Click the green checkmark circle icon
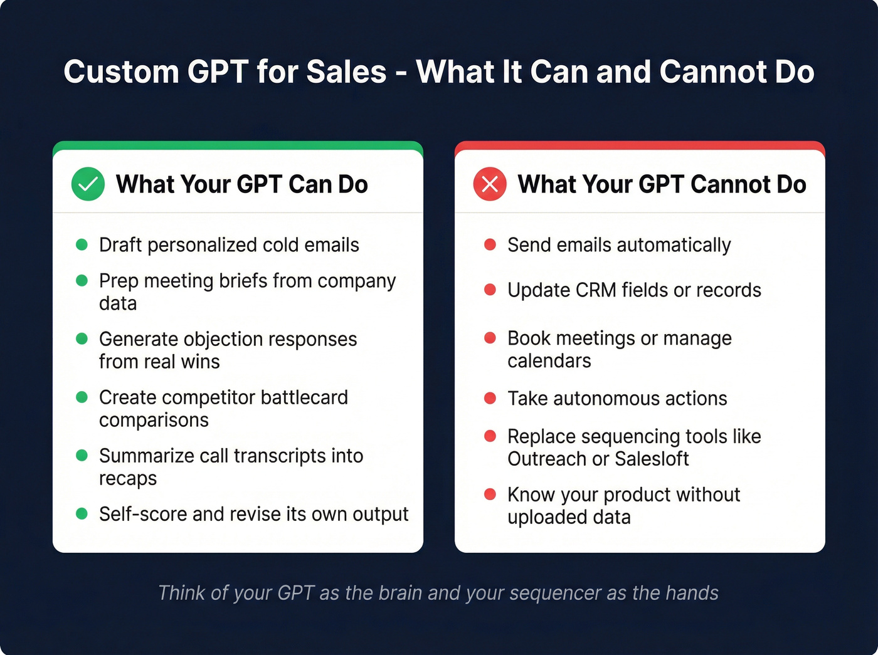click(x=88, y=184)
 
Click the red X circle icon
click(x=490, y=184)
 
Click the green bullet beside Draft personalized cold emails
click(x=82, y=244)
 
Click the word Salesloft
click(x=652, y=459)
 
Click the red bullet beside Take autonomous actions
click(x=490, y=398)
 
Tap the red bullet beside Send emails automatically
click(x=490, y=244)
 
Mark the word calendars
click(x=549, y=361)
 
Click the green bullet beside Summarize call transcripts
click(x=82, y=455)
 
